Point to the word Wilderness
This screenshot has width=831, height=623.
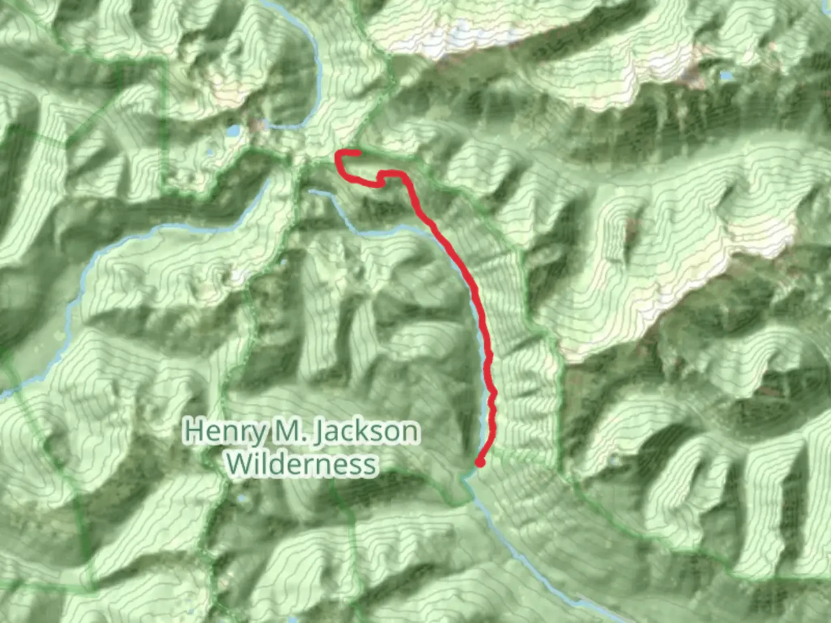coord(301,464)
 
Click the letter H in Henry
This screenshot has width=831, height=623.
coord(194,430)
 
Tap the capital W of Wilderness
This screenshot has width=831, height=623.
coord(238,463)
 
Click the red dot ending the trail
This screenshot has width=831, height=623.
coord(480,462)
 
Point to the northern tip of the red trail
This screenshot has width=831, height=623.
coord(358,153)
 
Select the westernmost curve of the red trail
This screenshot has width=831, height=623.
coord(338,162)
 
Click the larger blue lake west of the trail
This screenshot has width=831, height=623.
coord(233,132)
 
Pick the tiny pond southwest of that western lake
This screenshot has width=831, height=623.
coord(209,153)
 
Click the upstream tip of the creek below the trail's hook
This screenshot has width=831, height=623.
coord(312,190)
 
